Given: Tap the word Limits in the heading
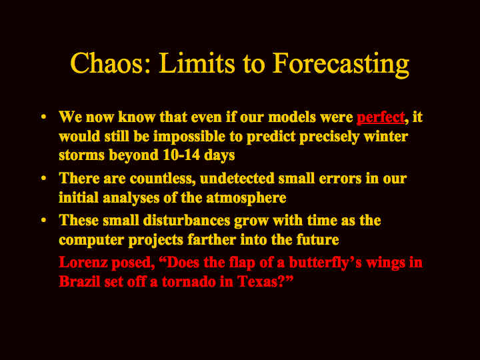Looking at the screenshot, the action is (197, 63).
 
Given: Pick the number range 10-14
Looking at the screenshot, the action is (181, 155).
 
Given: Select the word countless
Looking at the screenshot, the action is (163, 179).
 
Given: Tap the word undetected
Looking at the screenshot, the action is (237, 178).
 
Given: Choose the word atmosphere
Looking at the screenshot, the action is (246, 199).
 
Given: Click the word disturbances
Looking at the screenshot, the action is (187, 221).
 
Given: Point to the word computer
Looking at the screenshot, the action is (91, 240).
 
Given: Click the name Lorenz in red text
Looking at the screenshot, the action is (83, 263).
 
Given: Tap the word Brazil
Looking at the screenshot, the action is (79, 281).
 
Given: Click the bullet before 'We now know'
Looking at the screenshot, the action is (43, 117).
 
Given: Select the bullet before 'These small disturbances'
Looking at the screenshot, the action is (43, 220).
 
